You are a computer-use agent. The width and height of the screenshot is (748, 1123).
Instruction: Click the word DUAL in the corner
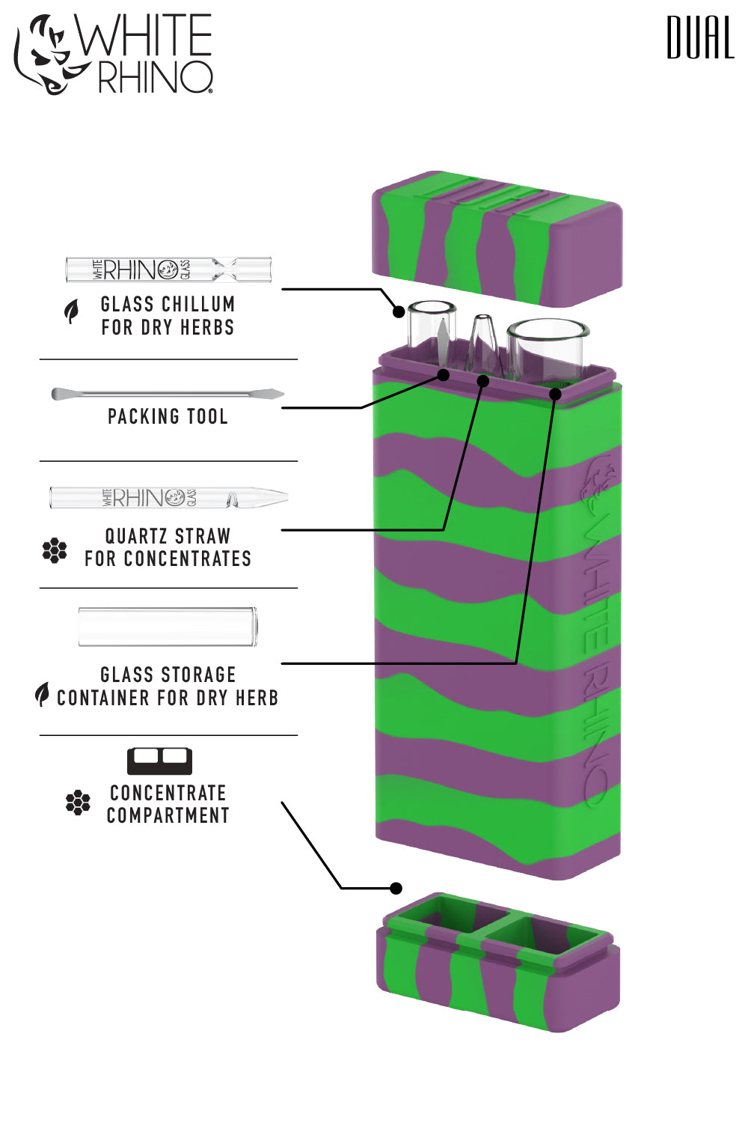pyautogui.click(x=700, y=38)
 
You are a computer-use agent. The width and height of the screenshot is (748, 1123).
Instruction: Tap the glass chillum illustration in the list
pyautogui.click(x=168, y=270)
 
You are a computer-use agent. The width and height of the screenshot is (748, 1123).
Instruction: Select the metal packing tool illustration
pyautogui.click(x=168, y=394)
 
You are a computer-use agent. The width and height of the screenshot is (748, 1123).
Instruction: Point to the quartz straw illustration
pyautogui.click(x=169, y=497)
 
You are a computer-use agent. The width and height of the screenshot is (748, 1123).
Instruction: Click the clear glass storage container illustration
pyautogui.click(x=168, y=627)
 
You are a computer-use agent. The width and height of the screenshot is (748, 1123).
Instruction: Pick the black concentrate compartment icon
pyautogui.click(x=159, y=761)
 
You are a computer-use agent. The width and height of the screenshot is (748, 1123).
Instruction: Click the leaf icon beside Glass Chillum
pyautogui.click(x=71, y=311)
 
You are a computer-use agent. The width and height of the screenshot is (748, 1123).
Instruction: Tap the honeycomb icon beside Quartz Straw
pyautogui.click(x=55, y=550)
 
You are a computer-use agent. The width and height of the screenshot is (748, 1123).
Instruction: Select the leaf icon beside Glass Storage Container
pyautogui.click(x=43, y=694)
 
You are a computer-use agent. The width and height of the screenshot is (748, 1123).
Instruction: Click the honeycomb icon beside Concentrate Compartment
pyautogui.click(x=78, y=803)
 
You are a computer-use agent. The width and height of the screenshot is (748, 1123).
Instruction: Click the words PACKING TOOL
pyautogui.click(x=168, y=417)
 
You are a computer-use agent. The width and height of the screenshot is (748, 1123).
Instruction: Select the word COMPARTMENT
pyautogui.click(x=168, y=815)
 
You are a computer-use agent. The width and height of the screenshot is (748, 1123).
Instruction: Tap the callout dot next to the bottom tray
pyautogui.click(x=396, y=888)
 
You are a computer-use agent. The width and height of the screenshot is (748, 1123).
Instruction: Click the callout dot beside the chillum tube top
pyautogui.click(x=399, y=311)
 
